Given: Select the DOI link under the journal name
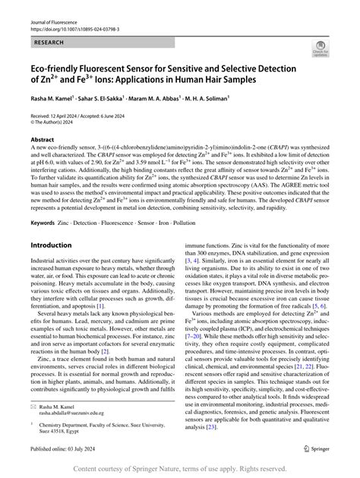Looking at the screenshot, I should pyautogui.click(x=65, y=24).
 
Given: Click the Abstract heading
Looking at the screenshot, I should pyautogui.click(x=42, y=140).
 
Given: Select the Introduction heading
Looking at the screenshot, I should pyautogui.click(x=51, y=245).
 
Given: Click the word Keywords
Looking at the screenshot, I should pyautogui.click(x=43, y=223).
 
